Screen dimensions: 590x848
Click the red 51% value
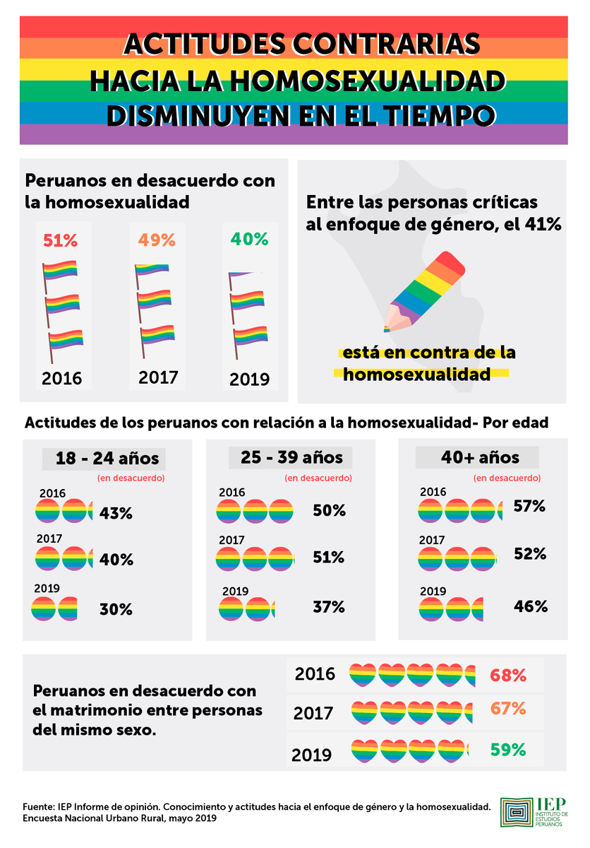click(x=60, y=240)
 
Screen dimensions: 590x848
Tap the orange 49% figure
click(x=157, y=240)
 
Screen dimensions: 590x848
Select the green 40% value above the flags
click(x=249, y=239)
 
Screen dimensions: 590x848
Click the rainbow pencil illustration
click(x=425, y=291)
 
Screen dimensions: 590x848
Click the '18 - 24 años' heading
click(x=107, y=459)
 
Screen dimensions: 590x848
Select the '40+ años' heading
click(x=480, y=457)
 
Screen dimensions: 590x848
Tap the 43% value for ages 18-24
click(x=116, y=513)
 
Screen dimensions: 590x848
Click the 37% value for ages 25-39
click(x=328, y=607)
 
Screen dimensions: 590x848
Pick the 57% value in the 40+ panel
click(x=529, y=506)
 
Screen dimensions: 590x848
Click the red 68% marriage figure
click(x=508, y=675)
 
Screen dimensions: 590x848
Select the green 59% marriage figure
click(x=508, y=749)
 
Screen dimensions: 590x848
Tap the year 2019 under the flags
click(x=249, y=379)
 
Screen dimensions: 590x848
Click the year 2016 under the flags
click(x=61, y=378)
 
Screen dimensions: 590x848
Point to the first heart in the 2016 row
click(x=363, y=675)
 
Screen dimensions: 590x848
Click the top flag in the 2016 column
click(x=60, y=276)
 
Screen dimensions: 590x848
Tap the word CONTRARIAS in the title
click(x=386, y=44)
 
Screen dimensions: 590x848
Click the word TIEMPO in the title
click(x=439, y=115)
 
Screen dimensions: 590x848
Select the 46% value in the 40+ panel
click(x=531, y=606)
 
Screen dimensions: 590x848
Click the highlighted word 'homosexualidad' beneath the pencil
click(x=416, y=374)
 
